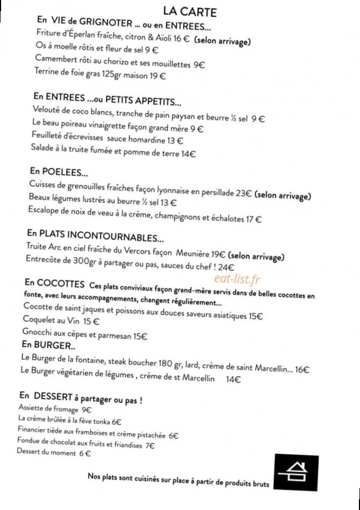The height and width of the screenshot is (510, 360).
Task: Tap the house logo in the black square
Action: (x=292, y=471)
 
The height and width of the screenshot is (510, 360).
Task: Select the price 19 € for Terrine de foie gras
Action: (x=159, y=76)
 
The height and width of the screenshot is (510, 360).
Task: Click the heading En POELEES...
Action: (x=59, y=172)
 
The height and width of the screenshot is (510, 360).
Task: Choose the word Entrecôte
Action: (x=46, y=260)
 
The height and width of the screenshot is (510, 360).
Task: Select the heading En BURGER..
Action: (x=49, y=345)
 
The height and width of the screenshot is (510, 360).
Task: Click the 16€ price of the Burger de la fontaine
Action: (x=302, y=369)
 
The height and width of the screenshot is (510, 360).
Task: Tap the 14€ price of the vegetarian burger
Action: (x=233, y=380)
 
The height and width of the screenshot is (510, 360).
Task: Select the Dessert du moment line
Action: (x=53, y=453)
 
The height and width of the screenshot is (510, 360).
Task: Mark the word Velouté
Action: (x=47, y=111)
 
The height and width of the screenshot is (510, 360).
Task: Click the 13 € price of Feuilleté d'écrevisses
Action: (x=175, y=141)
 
